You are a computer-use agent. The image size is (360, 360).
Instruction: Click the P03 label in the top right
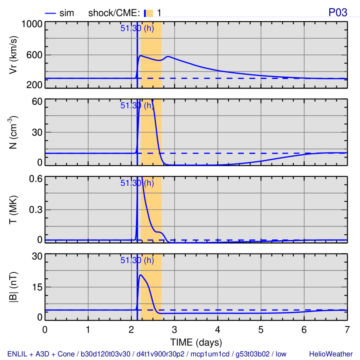(x=338, y=12)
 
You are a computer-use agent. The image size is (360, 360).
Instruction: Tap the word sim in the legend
(x=67, y=13)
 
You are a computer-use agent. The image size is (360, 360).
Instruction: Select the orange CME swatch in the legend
(x=150, y=13)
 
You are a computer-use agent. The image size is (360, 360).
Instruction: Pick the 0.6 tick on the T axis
(x=34, y=179)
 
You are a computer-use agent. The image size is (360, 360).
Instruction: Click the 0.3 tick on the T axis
(x=34, y=210)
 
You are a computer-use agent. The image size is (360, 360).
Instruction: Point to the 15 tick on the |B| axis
(x=37, y=287)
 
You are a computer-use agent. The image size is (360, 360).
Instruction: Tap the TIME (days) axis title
(x=196, y=342)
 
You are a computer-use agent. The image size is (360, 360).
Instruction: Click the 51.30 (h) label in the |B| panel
(x=137, y=260)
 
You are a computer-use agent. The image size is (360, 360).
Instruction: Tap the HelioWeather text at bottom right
(x=331, y=354)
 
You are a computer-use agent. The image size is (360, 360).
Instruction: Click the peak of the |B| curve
(x=140, y=275)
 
